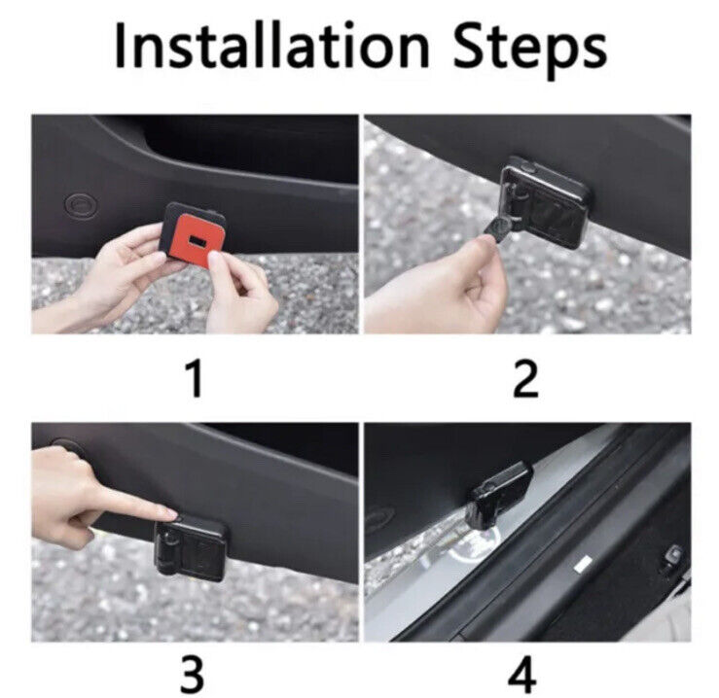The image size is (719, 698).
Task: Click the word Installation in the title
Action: tap(271, 46)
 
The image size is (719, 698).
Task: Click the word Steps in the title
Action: tap(529, 49)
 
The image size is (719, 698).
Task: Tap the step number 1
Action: tap(195, 378)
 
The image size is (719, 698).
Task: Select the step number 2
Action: tap(525, 378)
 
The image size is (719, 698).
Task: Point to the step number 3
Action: tap(192, 674)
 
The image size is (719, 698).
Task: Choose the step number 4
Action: tap(522, 674)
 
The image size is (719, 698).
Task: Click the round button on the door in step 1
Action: tap(80, 204)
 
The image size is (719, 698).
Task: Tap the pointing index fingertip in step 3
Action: tap(170, 513)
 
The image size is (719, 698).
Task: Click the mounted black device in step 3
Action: tap(191, 547)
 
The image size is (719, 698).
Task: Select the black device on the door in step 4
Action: tap(497, 494)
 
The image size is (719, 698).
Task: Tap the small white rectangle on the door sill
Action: tap(583, 564)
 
